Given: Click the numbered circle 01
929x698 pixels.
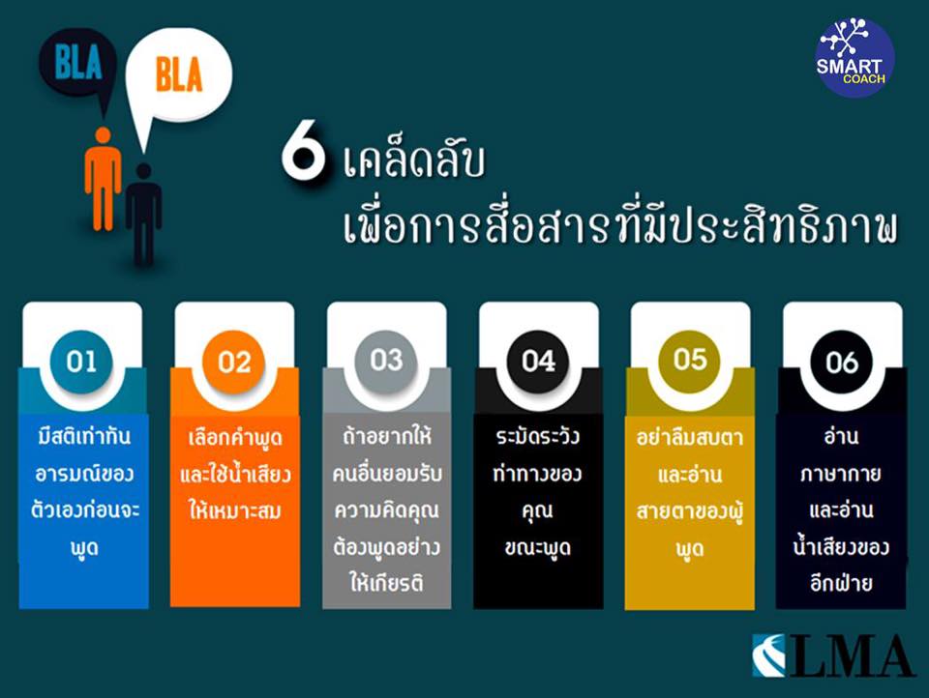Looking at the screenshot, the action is pyautogui.click(x=81, y=362).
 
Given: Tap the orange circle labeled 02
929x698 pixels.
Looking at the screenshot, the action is pyautogui.click(x=234, y=362).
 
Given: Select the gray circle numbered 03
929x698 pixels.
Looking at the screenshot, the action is pyautogui.click(x=386, y=360).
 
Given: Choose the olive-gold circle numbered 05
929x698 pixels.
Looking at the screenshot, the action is pyautogui.click(x=690, y=360).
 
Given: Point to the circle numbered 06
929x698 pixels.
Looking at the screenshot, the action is pyautogui.click(x=842, y=362).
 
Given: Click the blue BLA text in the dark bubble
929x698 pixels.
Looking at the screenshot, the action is pyautogui.click(x=78, y=62).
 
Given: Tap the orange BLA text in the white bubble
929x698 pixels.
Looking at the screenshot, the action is pyautogui.click(x=179, y=74).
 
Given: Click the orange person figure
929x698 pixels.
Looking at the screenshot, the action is pyautogui.click(x=103, y=179).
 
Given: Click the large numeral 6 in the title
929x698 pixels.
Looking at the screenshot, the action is pyautogui.click(x=303, y=156).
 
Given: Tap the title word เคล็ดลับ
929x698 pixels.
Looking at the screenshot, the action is pyautogui.click(x=413, y=161).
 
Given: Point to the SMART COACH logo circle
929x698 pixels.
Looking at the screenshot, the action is pyautogui.click(x=854, y=57).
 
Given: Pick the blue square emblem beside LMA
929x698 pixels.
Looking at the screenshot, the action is pyautogui.click(x=768, y=655).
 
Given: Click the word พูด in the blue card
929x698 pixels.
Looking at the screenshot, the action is pyautogui.click(x=84, y=548).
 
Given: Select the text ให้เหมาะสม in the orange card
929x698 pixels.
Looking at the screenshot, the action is pyautogui.click(x=234, y=510).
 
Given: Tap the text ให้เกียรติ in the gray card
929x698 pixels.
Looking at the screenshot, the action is pyautogui.click(x=386, y=584).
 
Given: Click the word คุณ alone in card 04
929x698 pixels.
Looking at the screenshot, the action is pyautogui.click(x=537, y=510).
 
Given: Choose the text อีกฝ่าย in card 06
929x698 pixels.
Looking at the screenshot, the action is pyautogui.click(x=841, y=583).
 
